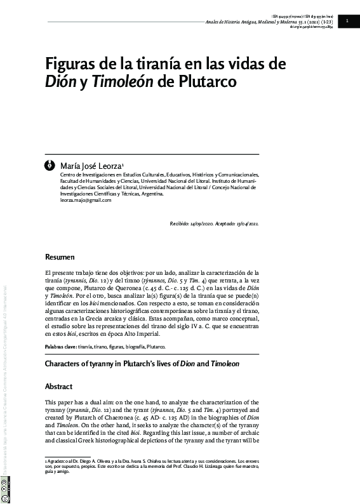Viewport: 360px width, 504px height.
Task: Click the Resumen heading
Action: tap(60, 258)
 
